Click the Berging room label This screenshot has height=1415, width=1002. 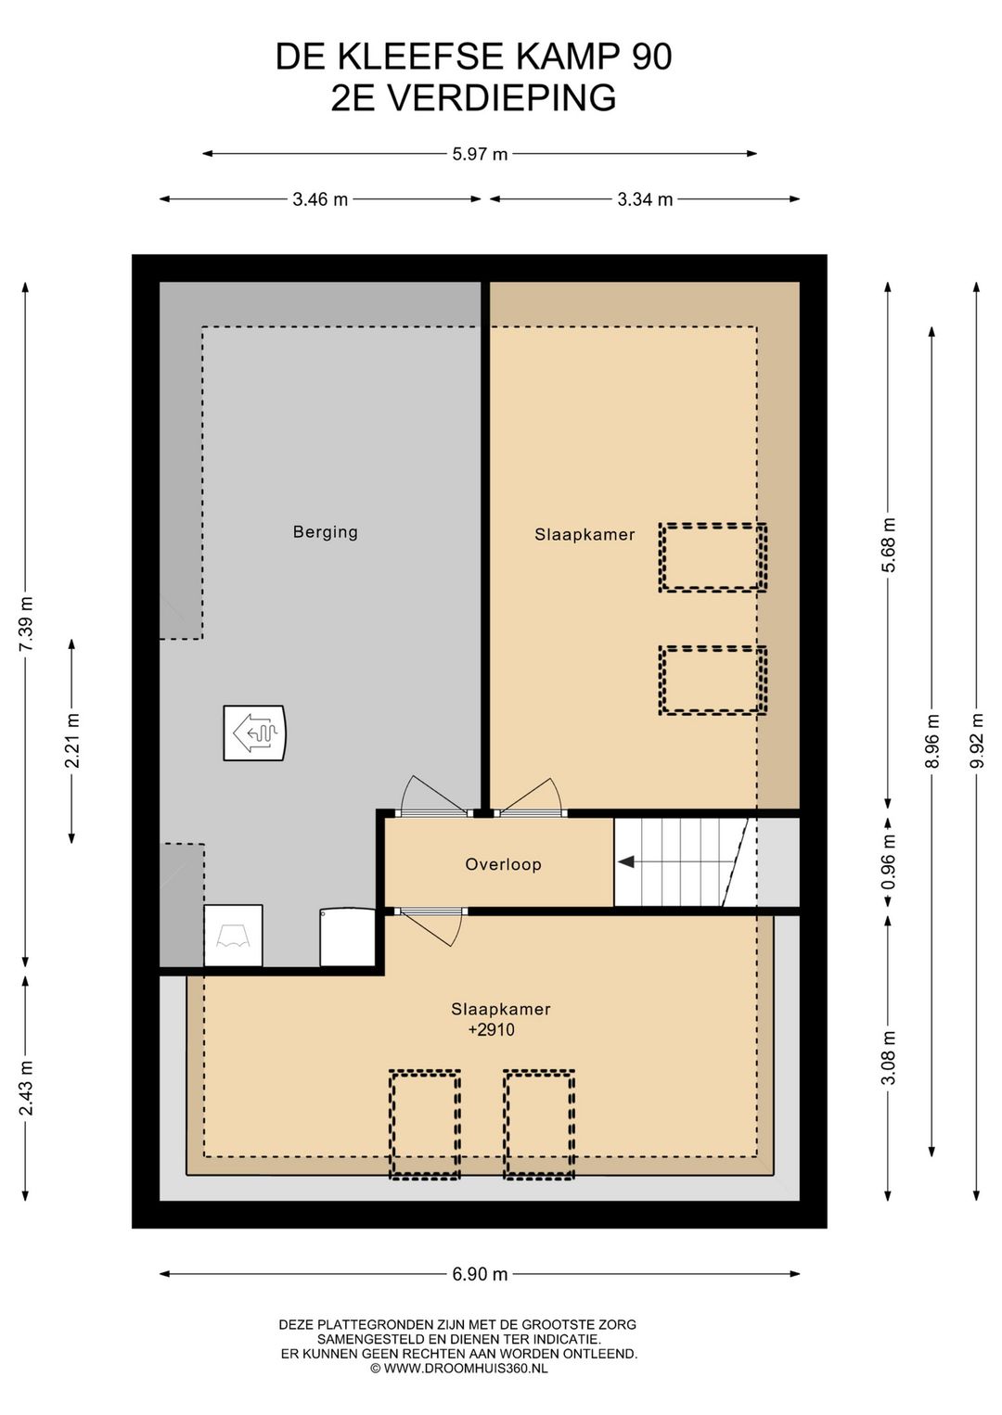tap(325, 532)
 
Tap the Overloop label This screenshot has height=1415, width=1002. tap(503, 863)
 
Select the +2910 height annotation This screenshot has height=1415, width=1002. tap(491, 1029)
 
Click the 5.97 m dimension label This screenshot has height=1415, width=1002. tap(480, 154)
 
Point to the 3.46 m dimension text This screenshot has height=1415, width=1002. tap(320, 199)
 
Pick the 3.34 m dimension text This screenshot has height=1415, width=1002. tap(645, 199)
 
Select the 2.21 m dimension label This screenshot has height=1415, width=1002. tap(71, 740)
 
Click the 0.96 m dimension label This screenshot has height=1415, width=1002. tap(889, 862)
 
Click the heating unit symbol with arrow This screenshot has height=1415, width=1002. tap(254, 733)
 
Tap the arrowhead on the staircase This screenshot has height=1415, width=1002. tap(625, 861)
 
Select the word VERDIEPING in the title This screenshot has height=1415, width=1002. tap(501, 98)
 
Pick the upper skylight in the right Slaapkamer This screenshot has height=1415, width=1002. tap(713, 557)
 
